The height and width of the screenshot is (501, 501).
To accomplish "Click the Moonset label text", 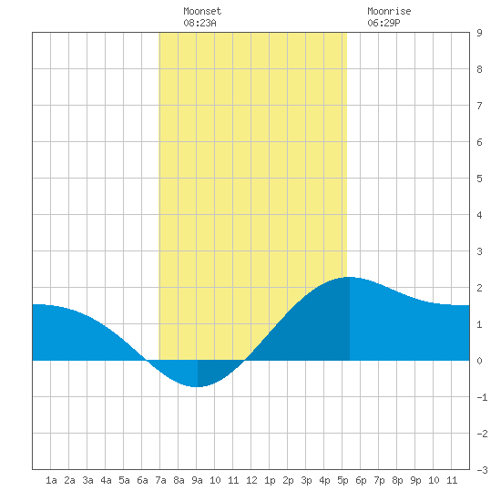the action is click(x=202, y=11).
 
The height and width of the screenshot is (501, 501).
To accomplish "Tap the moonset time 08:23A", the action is click(x=199, y=23).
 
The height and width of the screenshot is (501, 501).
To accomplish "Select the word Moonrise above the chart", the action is click(x=389, y=11).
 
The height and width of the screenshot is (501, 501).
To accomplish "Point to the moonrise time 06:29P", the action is click(x=383, y=23).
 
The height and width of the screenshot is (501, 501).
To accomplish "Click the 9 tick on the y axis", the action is click(x=479, y=33).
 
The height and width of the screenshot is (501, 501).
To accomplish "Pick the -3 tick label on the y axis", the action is click(x=482, y=470).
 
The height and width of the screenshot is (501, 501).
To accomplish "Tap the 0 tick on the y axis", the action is click(x=479, y=361).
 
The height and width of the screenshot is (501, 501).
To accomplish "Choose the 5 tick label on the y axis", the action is click(x=479, y=179).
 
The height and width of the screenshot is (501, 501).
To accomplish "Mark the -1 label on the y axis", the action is click(x=482, y=397).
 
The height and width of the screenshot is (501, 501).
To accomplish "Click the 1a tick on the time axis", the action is click(x=51, y=480).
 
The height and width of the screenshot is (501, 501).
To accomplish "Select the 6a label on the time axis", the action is click(x=142, y=480).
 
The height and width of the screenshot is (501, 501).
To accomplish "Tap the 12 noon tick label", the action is click(x=251, y=480).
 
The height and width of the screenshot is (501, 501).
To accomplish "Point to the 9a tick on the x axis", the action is click(x=197, y=480).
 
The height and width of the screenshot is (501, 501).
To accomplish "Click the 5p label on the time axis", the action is click(x=343, y=480).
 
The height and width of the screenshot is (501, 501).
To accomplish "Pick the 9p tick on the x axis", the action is click(x=415, y=480).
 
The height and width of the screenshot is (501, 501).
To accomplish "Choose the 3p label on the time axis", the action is click(x=306, y=480).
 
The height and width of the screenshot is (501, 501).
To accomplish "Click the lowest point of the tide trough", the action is click(x=197, y=386).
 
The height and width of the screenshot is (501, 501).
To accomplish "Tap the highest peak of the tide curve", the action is click(x=349, y=277).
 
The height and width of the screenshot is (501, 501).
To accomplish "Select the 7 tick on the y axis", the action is click(x=479, y=106).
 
